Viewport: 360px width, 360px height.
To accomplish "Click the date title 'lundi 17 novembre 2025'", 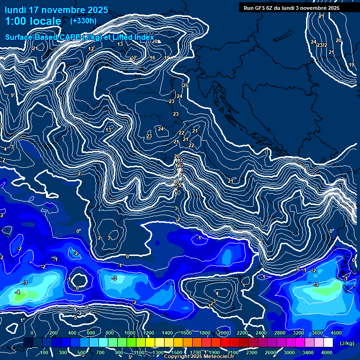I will pos(56,10).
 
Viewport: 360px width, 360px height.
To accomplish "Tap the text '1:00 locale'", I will pos(33,21).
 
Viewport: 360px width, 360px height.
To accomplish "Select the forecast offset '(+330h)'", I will pos(83,21).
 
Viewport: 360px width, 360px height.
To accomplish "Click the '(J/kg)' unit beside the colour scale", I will pos(346,343).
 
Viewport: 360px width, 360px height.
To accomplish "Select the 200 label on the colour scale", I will pos(53,333).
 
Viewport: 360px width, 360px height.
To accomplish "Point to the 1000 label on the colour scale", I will pos(129,333).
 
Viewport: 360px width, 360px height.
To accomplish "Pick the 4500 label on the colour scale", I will pos(336,333).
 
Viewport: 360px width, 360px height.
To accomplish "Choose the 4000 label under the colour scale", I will pos(327,352).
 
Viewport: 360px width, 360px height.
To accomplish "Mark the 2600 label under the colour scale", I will pos(270,352).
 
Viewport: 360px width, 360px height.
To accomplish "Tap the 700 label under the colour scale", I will pos(100,352).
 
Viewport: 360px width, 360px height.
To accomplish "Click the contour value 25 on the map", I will pos(186,85).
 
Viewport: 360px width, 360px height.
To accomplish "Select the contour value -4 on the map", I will pos(17,292).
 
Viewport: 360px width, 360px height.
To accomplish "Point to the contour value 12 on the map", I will pos(91,49).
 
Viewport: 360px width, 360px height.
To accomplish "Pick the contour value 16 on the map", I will pos(152,58).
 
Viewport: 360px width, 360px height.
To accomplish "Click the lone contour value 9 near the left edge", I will pos(12,95).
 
